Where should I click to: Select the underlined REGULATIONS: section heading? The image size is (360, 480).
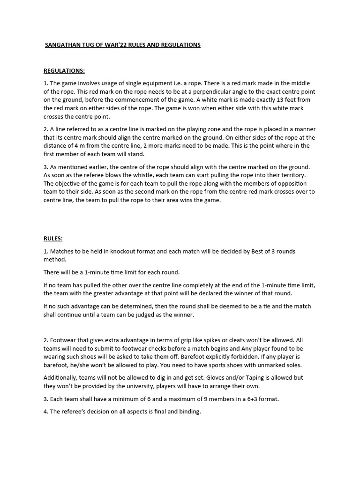[64, 71]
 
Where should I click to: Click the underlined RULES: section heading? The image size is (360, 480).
[53, 239]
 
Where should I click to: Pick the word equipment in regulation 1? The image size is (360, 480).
[161, 83]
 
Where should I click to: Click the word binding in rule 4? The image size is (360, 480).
[190, 412]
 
